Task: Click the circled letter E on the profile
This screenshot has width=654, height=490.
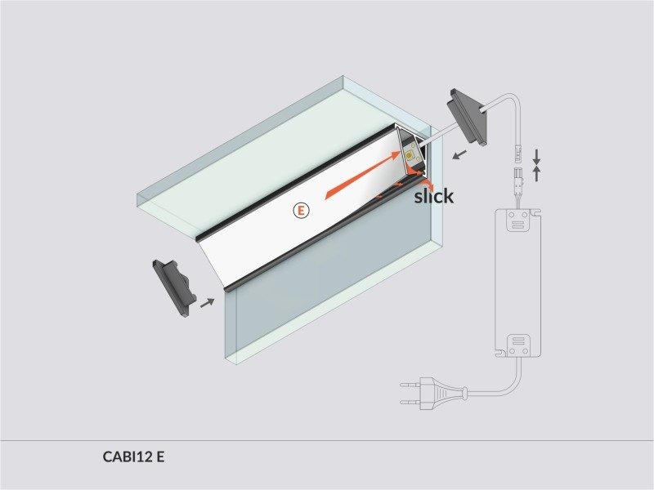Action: coord(301,211)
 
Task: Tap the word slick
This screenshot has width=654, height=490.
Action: coord(434,196)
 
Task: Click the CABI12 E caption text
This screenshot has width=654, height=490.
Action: coord(133,457)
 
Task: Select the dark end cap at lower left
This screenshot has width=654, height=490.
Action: coord(174,288)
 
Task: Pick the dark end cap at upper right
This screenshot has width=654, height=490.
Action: coord(467,117)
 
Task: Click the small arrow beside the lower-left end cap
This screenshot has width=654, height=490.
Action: coord(208,303)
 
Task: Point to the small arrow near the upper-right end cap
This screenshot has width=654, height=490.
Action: coord(459,155)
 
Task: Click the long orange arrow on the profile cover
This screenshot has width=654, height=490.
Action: coord(362,175)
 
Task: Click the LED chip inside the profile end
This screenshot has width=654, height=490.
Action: coord(410,156)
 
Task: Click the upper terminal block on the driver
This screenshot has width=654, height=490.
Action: coord(518,220)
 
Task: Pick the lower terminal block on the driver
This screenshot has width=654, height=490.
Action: coord(518,345)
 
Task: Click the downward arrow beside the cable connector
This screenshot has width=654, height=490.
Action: coord(536,156)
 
